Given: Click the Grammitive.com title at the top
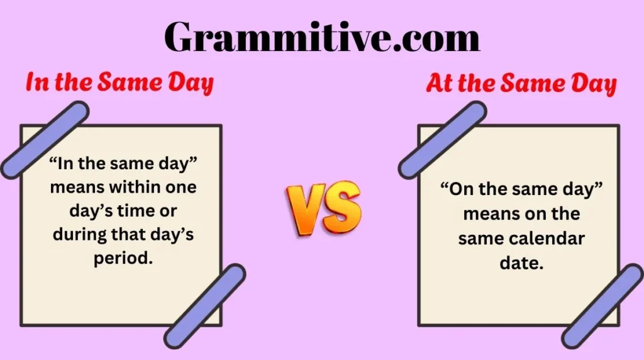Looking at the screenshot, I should (x=322, y=37).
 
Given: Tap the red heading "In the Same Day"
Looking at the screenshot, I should (x=120, y=82).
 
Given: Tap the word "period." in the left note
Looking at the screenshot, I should (x=124, y=259).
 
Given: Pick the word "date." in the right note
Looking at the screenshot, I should (x=521, y=263).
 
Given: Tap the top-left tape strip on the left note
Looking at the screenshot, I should (x=45, y=140).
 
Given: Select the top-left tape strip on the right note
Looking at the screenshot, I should (x=442, y=140).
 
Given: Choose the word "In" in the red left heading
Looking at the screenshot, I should (x=37, y=82).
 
